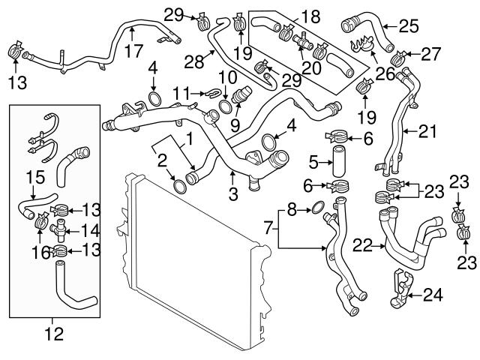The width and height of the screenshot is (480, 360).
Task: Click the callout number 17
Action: pyautogui.click(x=132, y=52)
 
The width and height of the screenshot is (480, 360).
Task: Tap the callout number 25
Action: pyautogui.click(x=408, y=27)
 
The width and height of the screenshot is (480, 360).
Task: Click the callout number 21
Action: pyautogui.click(x=426, y=132)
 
